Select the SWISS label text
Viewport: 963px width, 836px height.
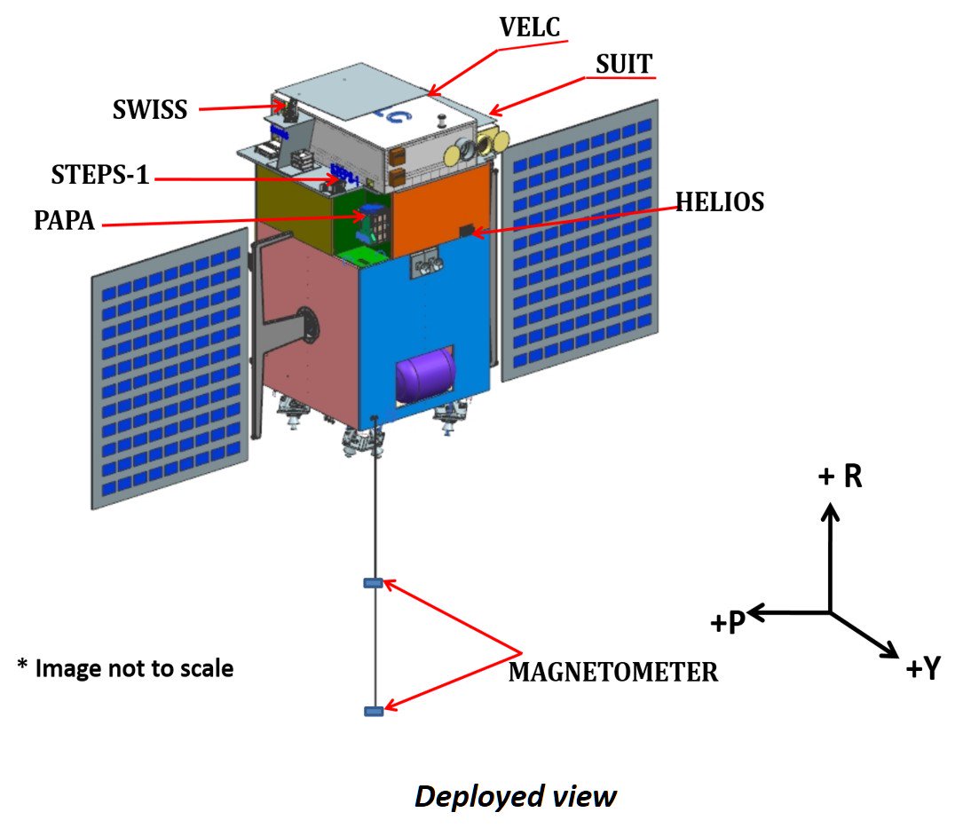150,110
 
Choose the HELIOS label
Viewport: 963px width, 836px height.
720,201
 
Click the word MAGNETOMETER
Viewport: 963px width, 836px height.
612,672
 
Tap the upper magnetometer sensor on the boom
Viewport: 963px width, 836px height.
373,583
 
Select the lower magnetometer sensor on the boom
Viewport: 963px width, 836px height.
373,711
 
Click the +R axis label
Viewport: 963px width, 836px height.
840,477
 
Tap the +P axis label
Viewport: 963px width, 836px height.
727,623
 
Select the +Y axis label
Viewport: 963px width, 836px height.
922,668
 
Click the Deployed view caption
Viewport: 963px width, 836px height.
515,796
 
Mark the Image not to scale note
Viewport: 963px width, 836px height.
125,667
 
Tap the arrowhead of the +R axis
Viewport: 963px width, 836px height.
829,511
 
